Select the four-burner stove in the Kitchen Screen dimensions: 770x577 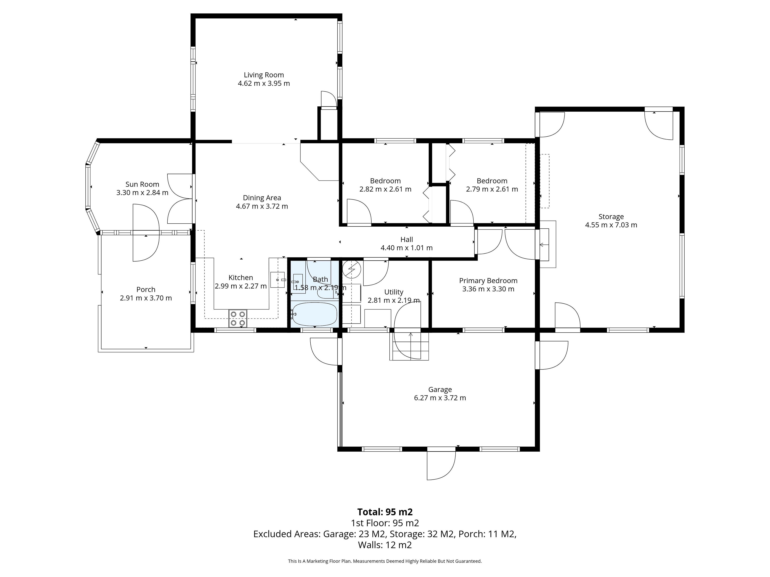238,318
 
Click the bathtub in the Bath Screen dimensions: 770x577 314,314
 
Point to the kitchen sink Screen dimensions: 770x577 278,280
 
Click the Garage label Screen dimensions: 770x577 440,389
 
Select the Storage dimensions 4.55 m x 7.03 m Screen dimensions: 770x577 611,225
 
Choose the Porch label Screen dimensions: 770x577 146,289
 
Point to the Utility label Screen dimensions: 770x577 394,292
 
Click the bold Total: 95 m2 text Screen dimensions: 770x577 385,512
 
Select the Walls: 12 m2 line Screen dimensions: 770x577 385,545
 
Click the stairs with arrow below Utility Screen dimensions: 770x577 409,346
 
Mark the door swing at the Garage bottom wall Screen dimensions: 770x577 441,465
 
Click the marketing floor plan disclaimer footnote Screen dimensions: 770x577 385,561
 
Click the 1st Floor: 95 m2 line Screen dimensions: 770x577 385,523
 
